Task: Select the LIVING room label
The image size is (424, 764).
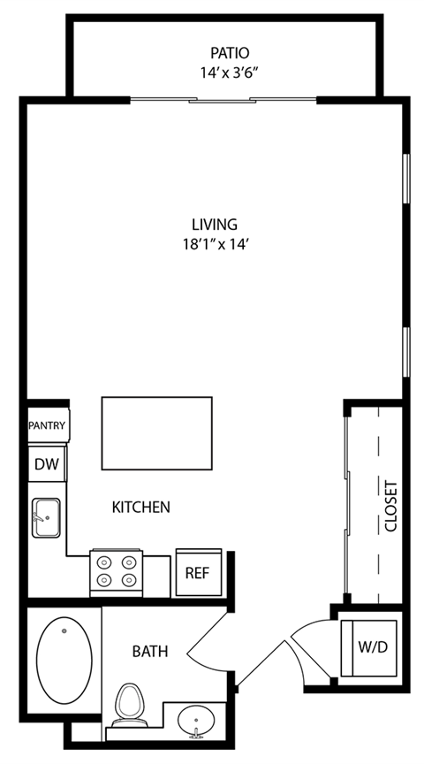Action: (215, 224)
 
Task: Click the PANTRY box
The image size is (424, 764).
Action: (47, 425)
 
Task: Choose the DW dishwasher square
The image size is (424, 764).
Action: (45, 463)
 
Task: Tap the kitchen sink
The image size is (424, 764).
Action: (46, 516)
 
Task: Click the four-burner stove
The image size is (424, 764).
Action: (117, 572)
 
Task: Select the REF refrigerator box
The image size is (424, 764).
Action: (196, 572)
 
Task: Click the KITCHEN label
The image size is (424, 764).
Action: (140, 508)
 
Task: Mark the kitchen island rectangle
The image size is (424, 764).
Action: (156, 433)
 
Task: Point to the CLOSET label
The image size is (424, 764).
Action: (391, 506)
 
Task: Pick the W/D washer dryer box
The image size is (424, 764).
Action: (372, 646)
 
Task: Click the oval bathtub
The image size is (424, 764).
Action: (64, 659)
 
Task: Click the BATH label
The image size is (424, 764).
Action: (149, 653)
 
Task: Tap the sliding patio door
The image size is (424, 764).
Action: (224, 100)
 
